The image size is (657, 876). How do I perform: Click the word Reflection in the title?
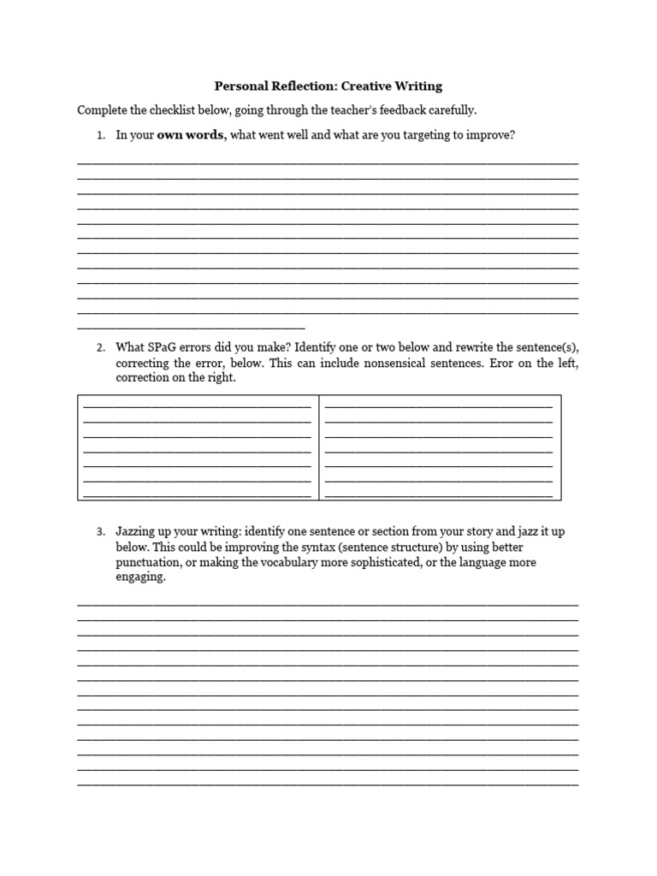[x=290, y=86]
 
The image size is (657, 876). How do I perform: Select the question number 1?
[x=100, y=136]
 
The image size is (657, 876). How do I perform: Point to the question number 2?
[x=100, y=347]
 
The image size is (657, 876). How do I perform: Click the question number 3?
[x=100, y=532]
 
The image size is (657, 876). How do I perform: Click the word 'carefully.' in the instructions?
[x=450, y=110]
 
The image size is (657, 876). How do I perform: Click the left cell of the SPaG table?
[x=198, y=447]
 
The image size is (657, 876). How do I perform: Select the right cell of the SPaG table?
[x=440, y=447]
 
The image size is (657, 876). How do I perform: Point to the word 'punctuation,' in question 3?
[x=148, y=563]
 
